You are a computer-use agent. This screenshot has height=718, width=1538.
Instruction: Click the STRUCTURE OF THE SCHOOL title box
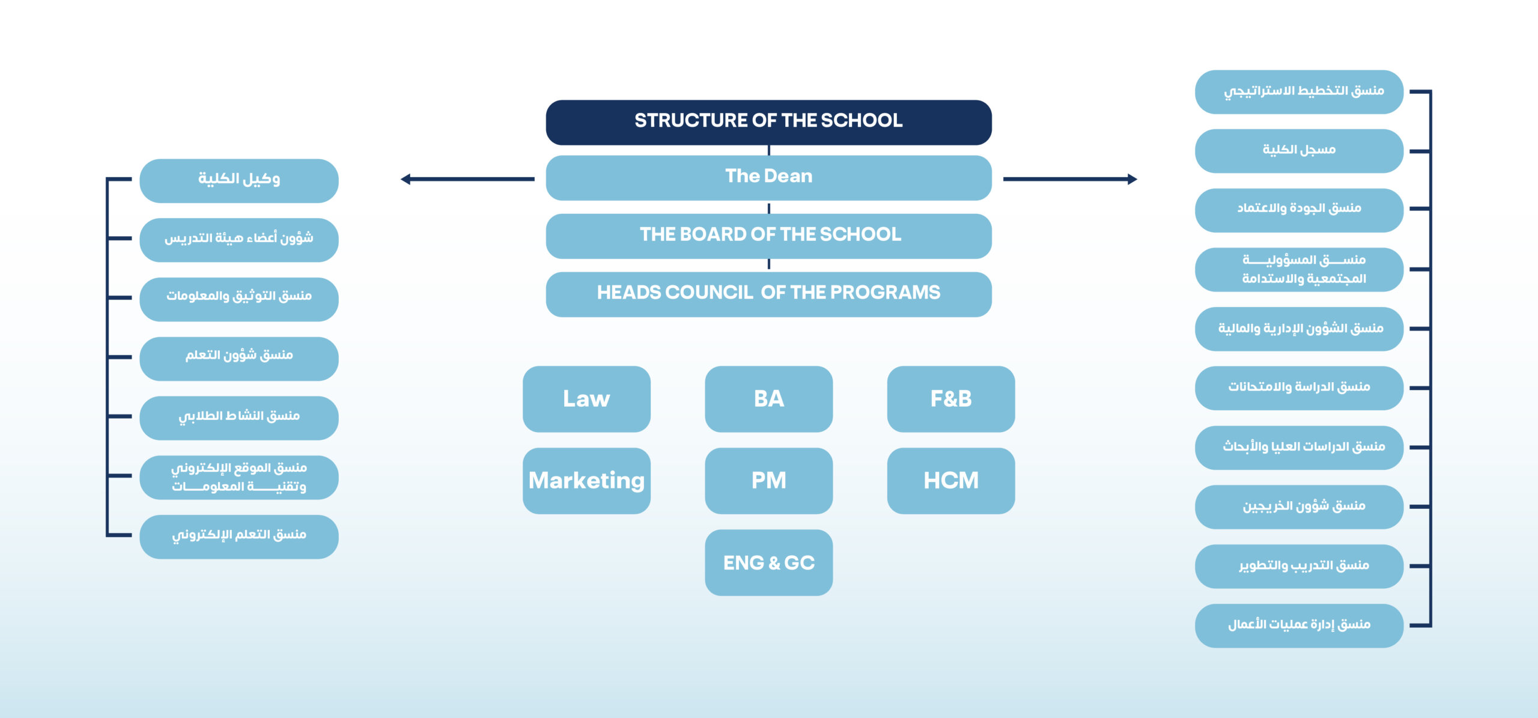tap(768, 122)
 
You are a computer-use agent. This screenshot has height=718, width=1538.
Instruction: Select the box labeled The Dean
tap(768, 178)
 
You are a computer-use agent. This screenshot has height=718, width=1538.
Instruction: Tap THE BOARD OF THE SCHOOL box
tap(768, 236)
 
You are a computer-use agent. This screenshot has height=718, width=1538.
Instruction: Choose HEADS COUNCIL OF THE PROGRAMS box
tap(768, 294)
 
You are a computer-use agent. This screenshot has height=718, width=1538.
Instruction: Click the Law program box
tap(586, 399)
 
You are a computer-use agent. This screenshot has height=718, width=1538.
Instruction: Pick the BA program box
tap(768, 399)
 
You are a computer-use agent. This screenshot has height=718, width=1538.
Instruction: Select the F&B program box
tap(950, 399)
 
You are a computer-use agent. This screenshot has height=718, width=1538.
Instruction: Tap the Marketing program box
tap(586, 481)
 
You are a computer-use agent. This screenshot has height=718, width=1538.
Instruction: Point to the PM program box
tap(768, 481)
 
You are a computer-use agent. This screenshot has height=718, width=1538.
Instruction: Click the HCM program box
tap(950, 481)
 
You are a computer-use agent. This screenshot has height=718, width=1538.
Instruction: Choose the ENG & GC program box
tap(768, 563)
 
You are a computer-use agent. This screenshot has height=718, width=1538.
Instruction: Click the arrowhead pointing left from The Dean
tap(406, 179)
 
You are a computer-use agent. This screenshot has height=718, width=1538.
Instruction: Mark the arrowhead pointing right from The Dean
tap(1132, 179)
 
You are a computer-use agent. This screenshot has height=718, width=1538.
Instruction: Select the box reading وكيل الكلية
tap(239, 180)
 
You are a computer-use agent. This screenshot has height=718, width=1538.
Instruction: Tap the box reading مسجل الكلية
tap(1299, 151)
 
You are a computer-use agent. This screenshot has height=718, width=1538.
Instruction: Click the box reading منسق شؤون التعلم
tap(239, 358)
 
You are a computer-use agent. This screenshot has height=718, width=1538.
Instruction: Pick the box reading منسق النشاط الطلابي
tap(239, 418)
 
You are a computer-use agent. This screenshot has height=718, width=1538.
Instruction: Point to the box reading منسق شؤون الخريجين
tap(1299, 507)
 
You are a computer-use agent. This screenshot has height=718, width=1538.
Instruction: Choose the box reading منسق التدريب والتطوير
tap(1299, 566)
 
